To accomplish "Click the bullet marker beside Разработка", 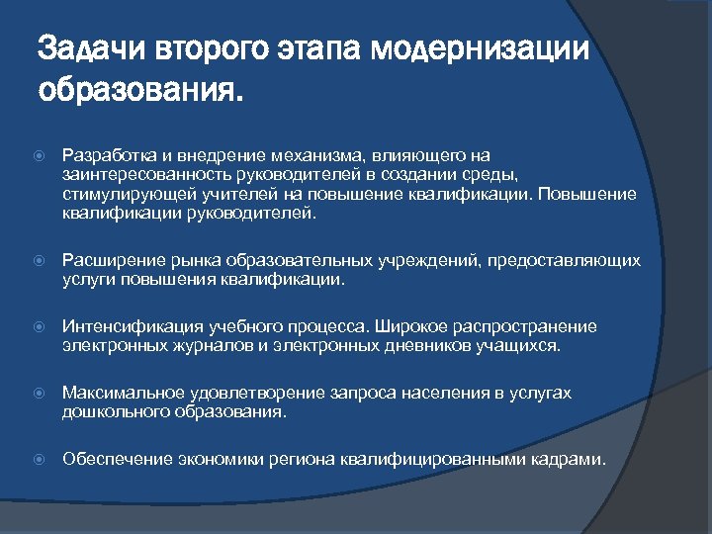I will [x=39, y=156].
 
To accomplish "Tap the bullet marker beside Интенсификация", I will [x=39, y=327].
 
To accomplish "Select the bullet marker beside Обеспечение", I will [x=39, y=460].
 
